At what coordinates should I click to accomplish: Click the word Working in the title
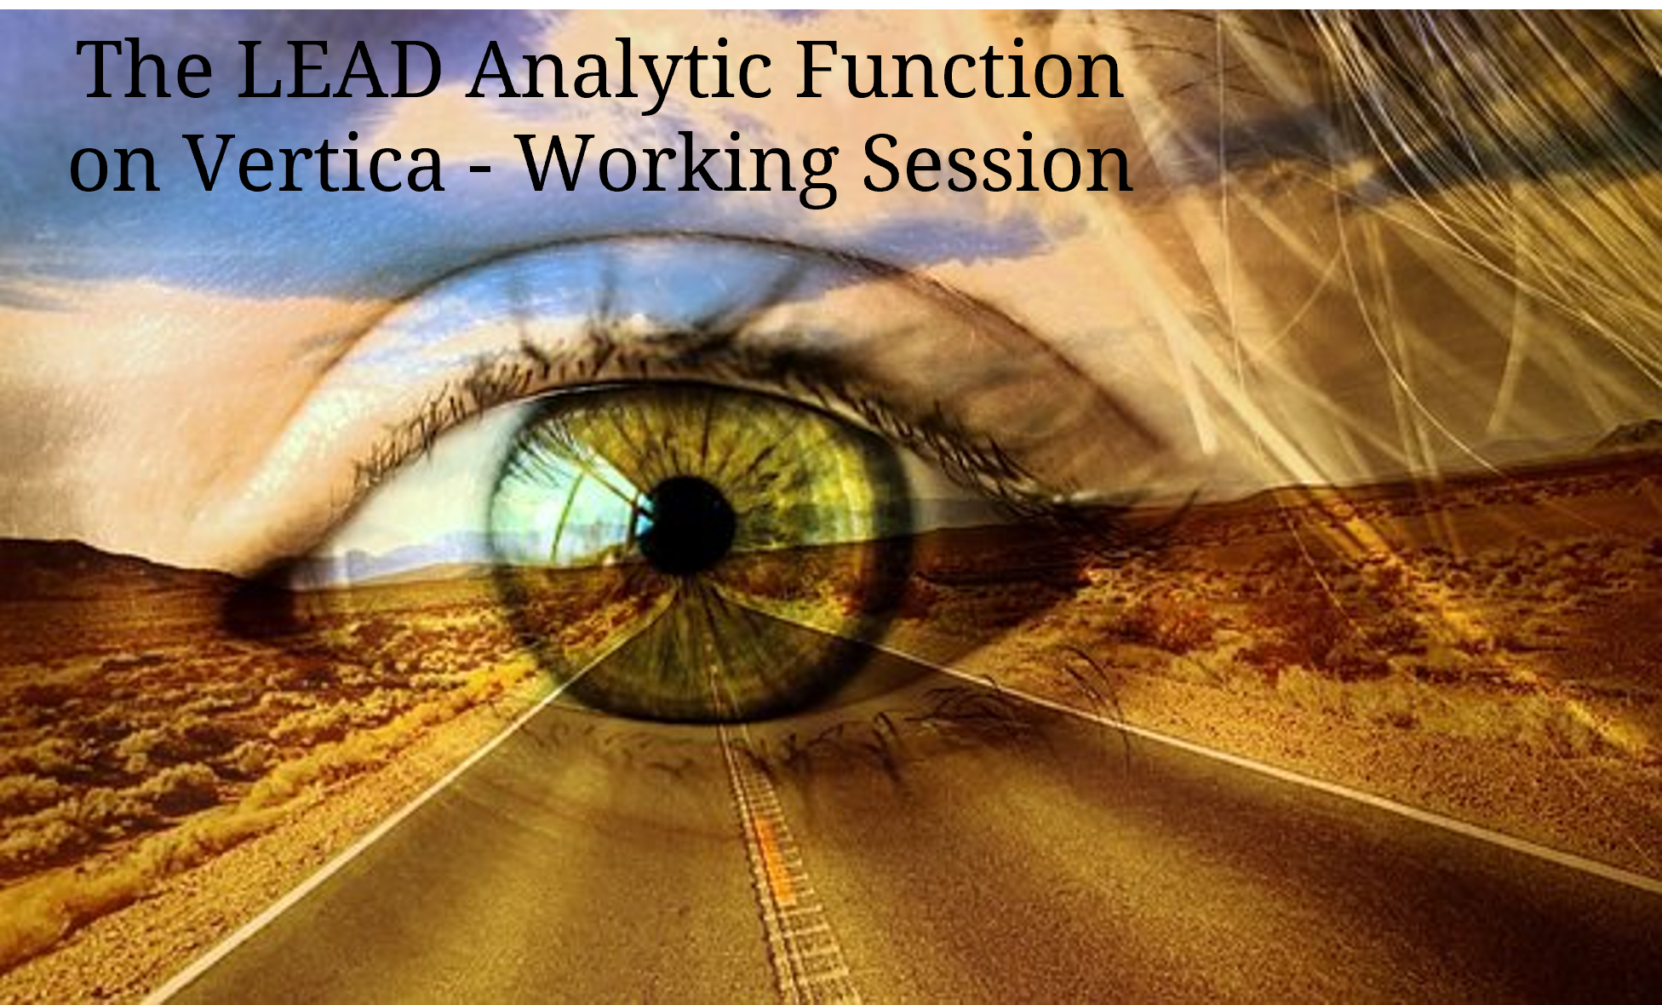(x=679, y=167)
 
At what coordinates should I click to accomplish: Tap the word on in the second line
(x=114, y=170)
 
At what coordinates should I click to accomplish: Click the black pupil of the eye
(x=686, y=525)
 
